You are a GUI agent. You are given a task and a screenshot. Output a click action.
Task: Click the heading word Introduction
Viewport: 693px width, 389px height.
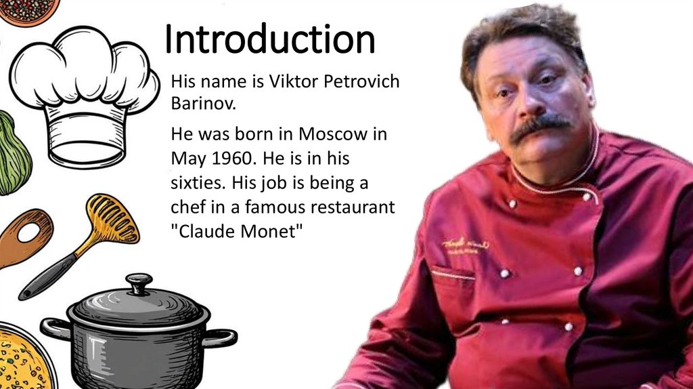[x=270, y=41]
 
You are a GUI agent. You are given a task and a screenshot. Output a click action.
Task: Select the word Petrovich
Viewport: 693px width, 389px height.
[x=362, y=82]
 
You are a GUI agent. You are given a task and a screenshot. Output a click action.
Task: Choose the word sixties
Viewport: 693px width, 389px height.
[x=196, y=183]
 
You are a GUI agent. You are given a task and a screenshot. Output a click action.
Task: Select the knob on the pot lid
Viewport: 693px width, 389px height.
[x=139, y=283]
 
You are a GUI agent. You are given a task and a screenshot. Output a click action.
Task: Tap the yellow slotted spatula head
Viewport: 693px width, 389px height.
[x=112, y=220]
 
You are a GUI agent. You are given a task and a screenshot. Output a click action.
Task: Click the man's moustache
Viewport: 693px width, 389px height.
[x=539, y=127]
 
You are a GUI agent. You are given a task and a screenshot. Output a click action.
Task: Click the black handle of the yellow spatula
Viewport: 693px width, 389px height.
[x=51, y=276]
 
